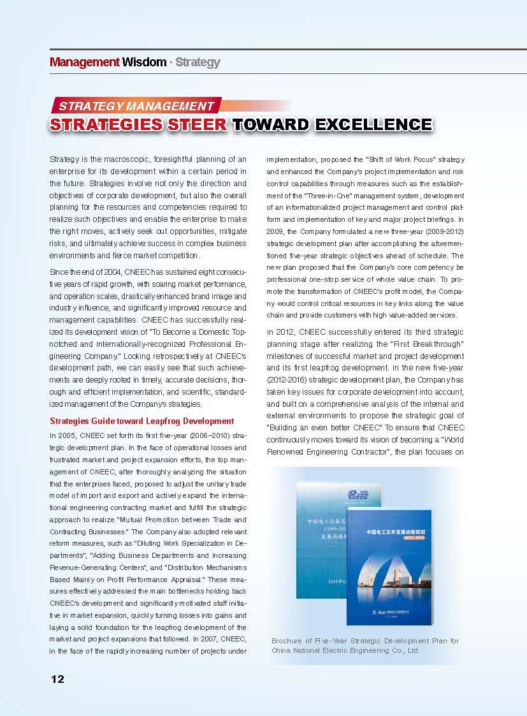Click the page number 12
pyautogui.click(x=57, y=679)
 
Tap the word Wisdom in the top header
pyautogui.click(x=144, y=62)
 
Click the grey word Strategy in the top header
pyautogui.click(x=198, y=62)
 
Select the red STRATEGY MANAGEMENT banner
pyautogui.click(x=136, y=106)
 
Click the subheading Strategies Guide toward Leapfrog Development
pyautogui.click(x=142, y=421)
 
